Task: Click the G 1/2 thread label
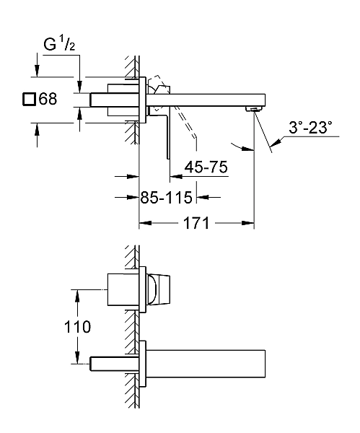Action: tap(59, 44)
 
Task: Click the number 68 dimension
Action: tap(48, 99)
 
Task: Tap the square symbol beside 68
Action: tap(29, 99)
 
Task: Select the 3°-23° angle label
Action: tap(310, 128)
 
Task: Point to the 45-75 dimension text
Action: tap(206, 167)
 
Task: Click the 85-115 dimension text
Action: tap(166, 198)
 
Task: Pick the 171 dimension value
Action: tap(196, 223)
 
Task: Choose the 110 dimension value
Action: tap(77, 327)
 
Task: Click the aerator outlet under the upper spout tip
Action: tap(253, 109)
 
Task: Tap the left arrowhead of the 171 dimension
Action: tap(145, 223)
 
